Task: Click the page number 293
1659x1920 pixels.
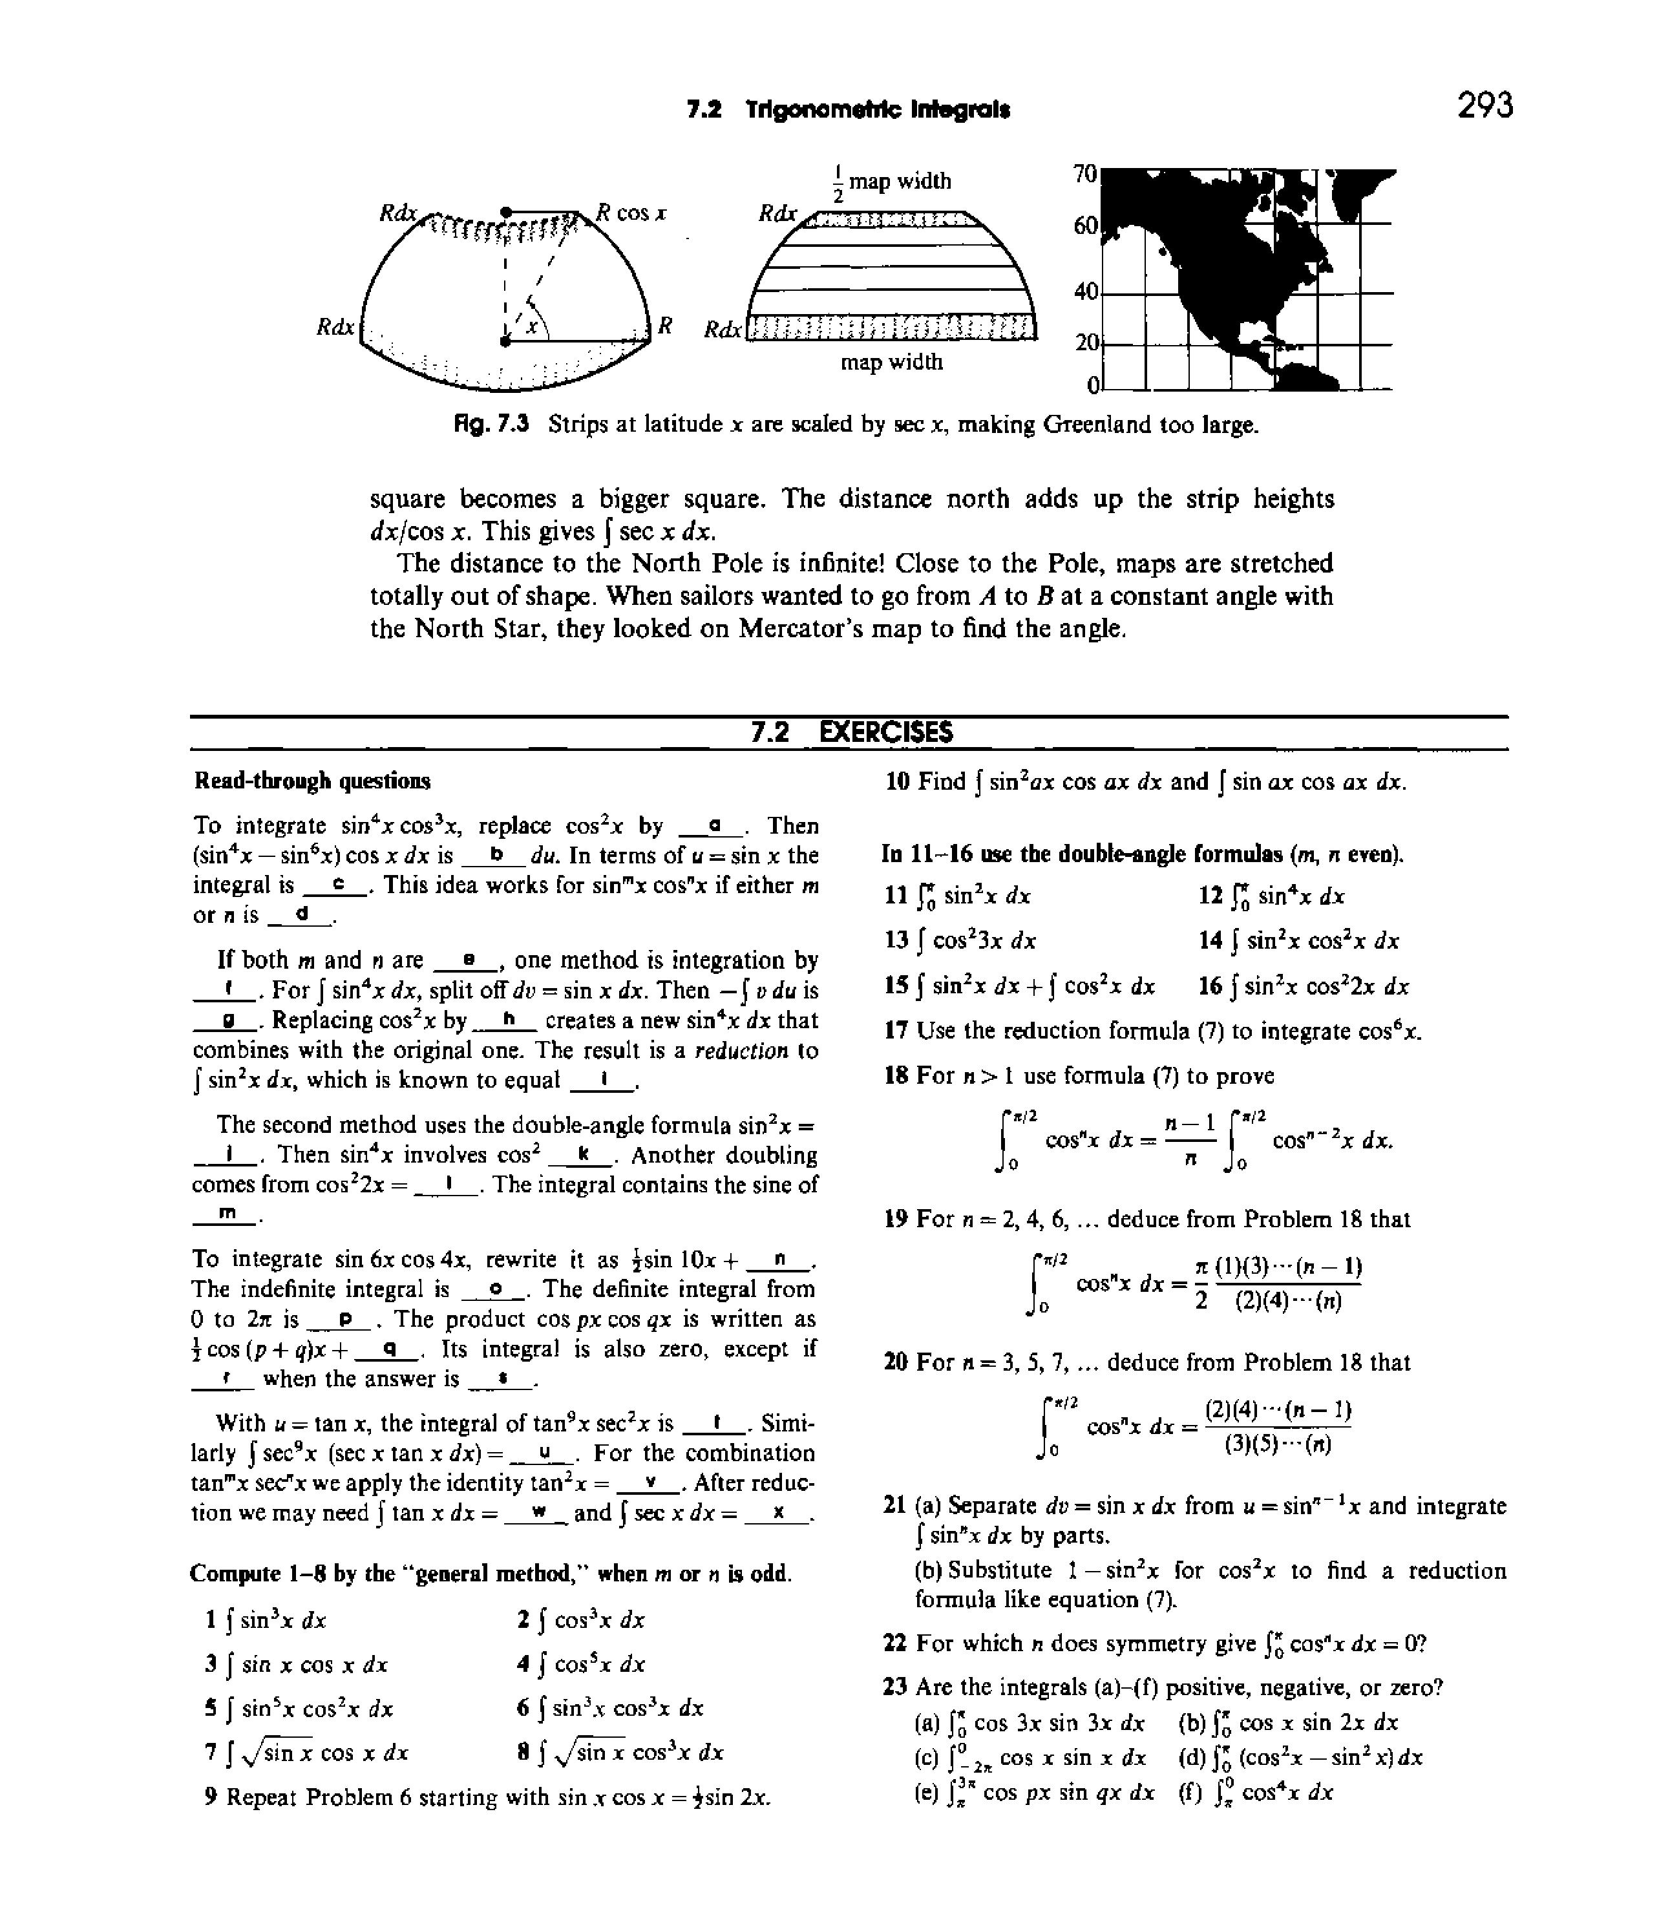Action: click(x=1484, y=105)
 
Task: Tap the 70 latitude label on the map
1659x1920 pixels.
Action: click(x=1084, y=173)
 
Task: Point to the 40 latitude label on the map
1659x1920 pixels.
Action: click(x=1085, y=291)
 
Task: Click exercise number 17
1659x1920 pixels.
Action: click(x=894, y=1030)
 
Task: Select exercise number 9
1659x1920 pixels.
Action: click(x=211, y=1798)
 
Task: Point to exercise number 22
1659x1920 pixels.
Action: click(x=894, y=1643)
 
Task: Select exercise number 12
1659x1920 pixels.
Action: click(x=1209, y=895)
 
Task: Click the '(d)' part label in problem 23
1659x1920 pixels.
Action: click(x=1191, y=1757)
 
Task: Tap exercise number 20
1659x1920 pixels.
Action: click(x=894, y=1362)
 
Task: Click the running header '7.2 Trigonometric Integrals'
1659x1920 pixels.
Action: click(x=848, y=109)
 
